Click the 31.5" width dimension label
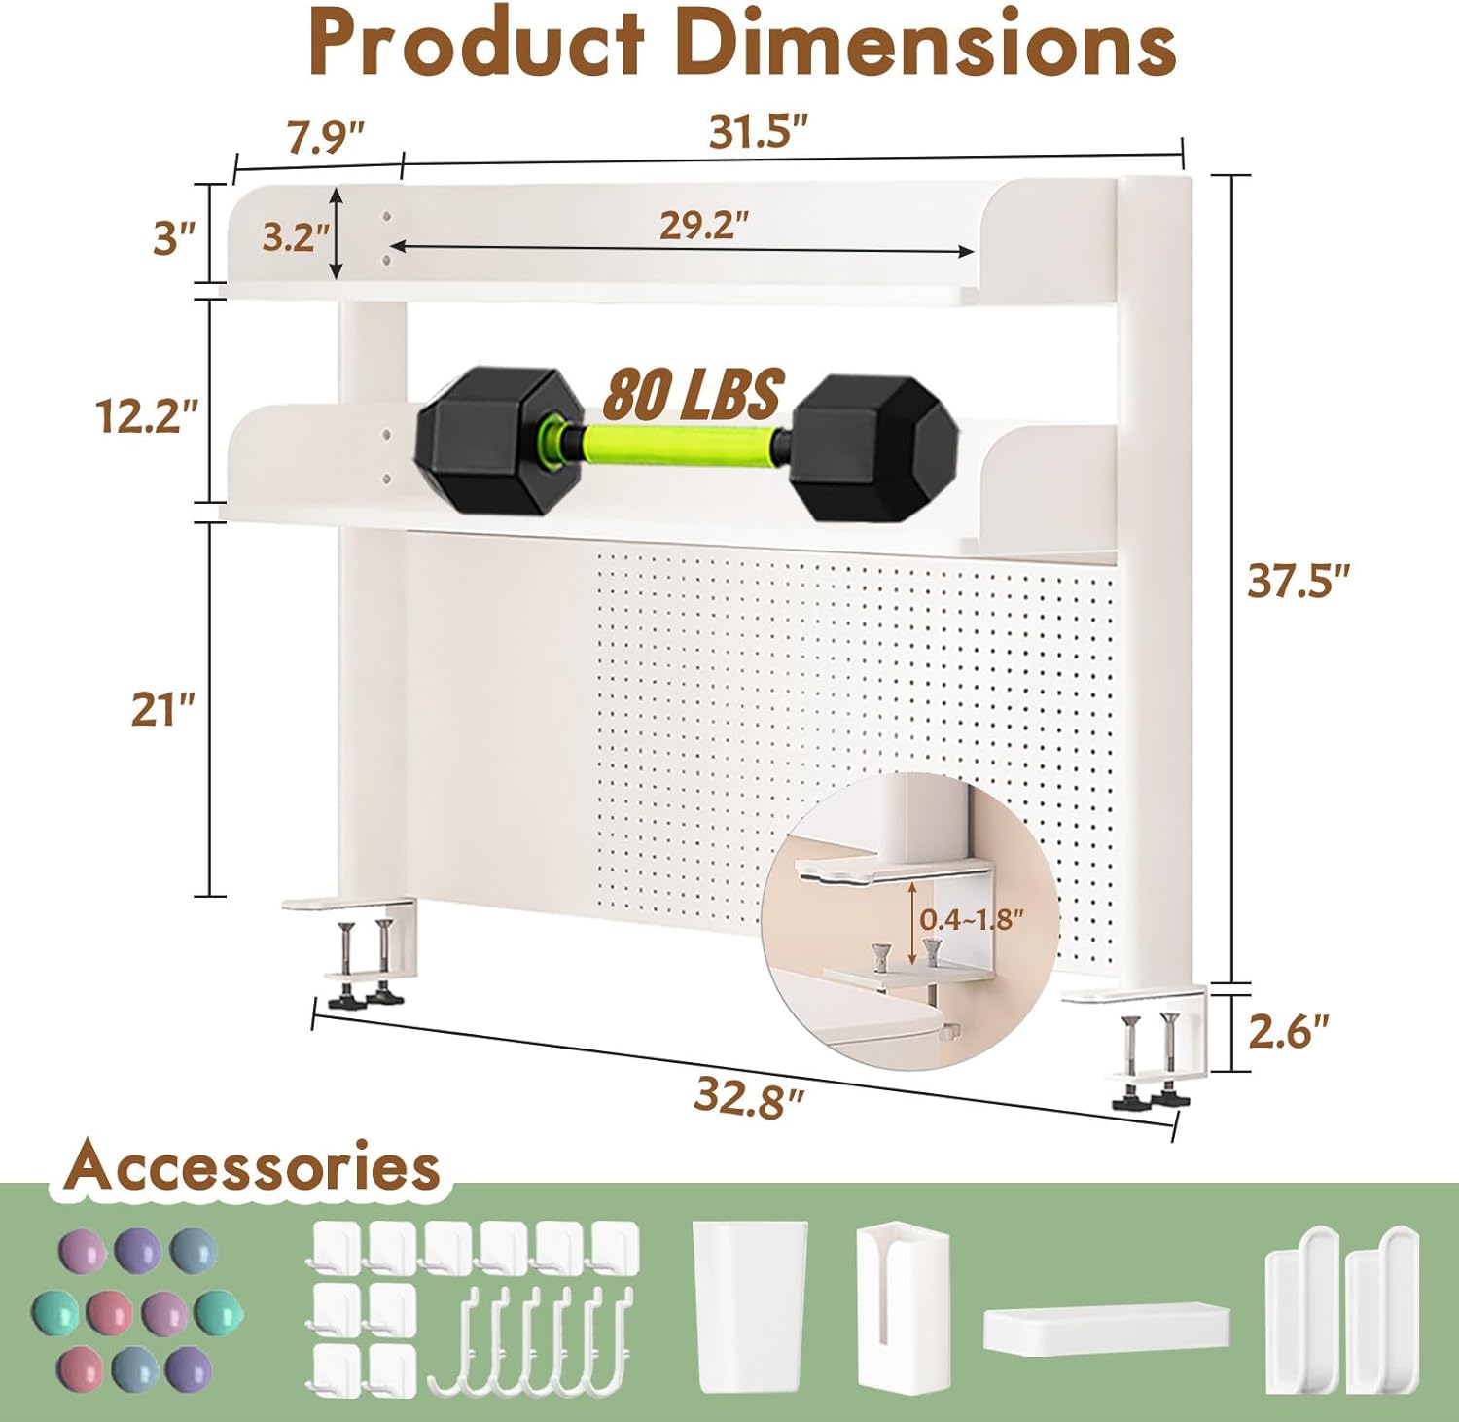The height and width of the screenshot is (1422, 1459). (759, 132)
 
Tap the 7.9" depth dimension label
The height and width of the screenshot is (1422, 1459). (325, 136)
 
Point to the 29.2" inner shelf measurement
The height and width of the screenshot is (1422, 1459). (704, 225)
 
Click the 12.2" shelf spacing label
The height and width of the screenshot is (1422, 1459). (147, 416)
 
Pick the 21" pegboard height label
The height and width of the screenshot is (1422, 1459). (163, 710)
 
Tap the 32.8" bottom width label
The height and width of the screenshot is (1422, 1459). (749, 1097)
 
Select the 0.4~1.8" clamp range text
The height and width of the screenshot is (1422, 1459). (972, 918)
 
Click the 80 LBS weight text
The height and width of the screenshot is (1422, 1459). (693, 394)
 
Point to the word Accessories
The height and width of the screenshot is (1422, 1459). (253, 1166)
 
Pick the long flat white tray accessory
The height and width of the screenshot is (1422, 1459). (1106, 1330)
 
